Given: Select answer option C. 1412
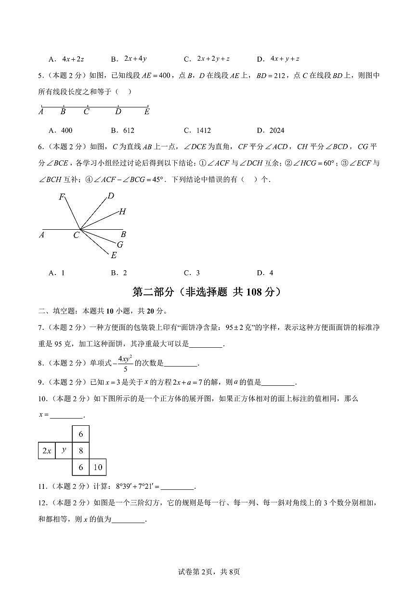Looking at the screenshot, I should (197, 130).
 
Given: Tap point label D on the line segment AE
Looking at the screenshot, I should (118, 112).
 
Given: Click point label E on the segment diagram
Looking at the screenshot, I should (147, 112).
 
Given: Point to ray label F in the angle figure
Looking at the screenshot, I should (62, 197).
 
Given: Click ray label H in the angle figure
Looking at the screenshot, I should (122, 211).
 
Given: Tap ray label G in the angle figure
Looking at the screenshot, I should (120, 244).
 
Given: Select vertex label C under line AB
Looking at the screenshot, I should (76, 235).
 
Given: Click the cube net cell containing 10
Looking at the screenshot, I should (98, 467).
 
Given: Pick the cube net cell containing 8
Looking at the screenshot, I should (81, 451).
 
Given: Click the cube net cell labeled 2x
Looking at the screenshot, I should (47, 451).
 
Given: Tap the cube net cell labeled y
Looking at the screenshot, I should (64, 451).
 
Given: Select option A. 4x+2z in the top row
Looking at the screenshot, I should (66, 59).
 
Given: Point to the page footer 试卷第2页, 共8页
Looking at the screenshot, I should (209, 572).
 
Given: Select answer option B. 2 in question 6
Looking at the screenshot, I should (119, 273).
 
